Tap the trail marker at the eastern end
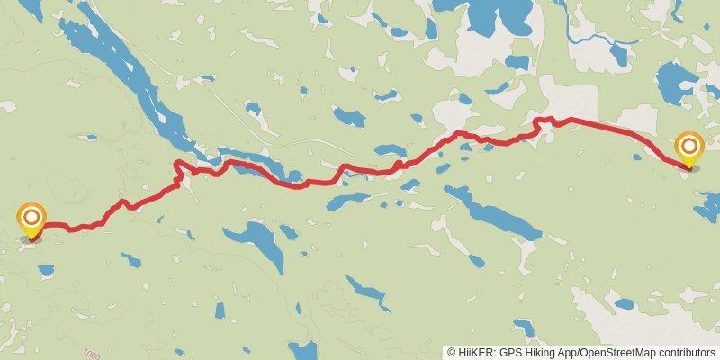tap(688, 150)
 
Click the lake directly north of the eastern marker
tap(675, 83)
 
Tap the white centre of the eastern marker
tap(688, 145)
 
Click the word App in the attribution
tap(567, 352)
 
